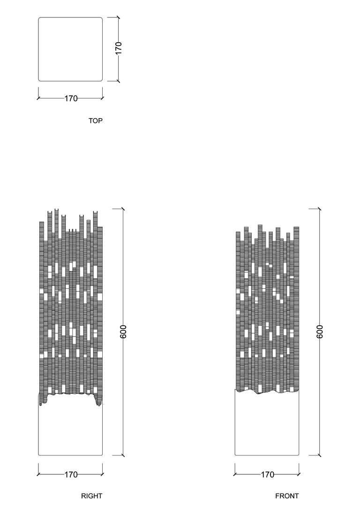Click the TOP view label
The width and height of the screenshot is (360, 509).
tap(96, 121)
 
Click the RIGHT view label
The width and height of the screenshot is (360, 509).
tap(91, 496)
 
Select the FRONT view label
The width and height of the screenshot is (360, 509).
tap(287, 496)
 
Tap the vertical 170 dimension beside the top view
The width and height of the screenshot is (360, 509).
tap(119, 48)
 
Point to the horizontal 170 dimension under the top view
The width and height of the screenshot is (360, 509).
tap(71, 98)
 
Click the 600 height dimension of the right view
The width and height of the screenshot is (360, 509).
tap(123, 331)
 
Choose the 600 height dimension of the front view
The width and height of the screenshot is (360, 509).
tap(319, 331)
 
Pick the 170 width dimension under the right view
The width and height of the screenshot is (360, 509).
tap(71, 475)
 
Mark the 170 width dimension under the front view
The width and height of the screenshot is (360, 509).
tap(268, 475)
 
